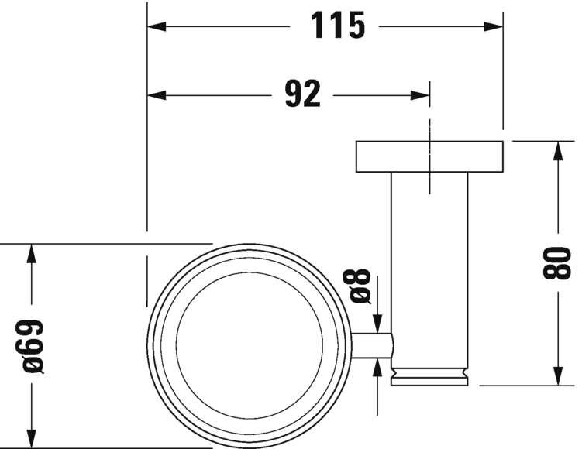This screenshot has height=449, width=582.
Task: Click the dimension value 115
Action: click(339, 26)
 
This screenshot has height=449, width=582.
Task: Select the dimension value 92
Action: click(301, 95)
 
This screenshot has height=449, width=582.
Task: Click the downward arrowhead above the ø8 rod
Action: click(377, 324)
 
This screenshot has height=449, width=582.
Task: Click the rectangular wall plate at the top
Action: click(429, 156)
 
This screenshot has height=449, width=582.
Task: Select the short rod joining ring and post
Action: click(374, 346)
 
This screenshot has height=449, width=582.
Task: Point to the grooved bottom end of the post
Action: click(429, 376)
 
